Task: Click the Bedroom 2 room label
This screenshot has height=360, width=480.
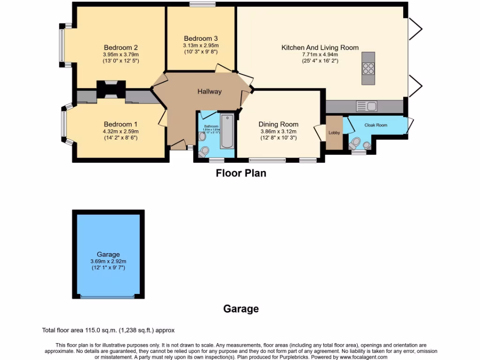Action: [120, 47]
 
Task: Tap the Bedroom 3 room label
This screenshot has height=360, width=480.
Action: [201, 38]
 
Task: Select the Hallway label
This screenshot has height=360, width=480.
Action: [209, 91]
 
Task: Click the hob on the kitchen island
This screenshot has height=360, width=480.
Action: [368, 68]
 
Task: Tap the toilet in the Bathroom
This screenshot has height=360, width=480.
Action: [204, 151]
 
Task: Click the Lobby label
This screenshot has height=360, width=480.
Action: [334, 133]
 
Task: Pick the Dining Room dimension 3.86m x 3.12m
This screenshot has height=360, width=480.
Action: [278, 132]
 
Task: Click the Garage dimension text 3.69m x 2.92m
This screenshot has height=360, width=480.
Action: [108, 261]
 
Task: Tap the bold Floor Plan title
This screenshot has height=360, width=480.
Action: [240, 173]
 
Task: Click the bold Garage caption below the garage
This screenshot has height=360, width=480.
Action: [240, 309]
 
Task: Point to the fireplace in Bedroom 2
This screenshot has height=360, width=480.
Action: [111, 89]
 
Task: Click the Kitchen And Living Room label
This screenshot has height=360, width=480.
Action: [320, 47]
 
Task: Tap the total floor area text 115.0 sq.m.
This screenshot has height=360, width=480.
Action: [108, 330]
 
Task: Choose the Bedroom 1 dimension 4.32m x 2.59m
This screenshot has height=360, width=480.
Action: [120, 131]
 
